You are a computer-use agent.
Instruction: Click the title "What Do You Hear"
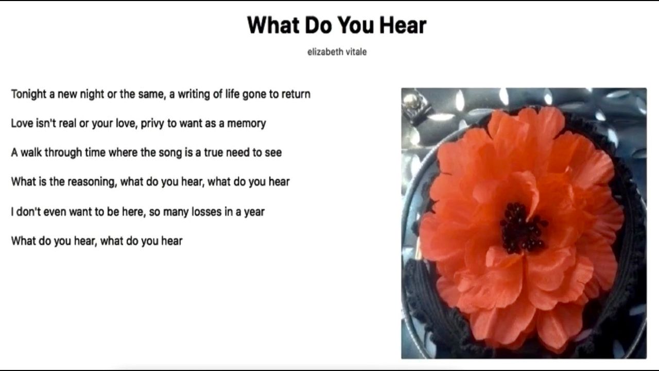[x=337, y=25]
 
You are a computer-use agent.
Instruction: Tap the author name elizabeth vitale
[x=337, y=52]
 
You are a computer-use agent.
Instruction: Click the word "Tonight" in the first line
[x=29, y=94]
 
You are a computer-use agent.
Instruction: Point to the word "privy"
[x=152, y=124]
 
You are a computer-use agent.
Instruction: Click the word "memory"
[x=247, y=124]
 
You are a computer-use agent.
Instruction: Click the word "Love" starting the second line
[x=22, y=123]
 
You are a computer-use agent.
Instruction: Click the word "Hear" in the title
[x=403, y=25]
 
